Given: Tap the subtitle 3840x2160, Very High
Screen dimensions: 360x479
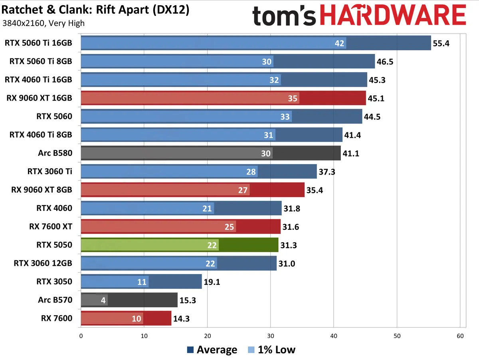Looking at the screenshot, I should point(44,23).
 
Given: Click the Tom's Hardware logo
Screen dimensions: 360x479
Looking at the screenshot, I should point(359,16).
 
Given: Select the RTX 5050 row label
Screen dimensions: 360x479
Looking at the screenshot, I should point(54,245).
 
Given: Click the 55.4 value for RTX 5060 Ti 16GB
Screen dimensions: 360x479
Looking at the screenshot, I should point(441,43).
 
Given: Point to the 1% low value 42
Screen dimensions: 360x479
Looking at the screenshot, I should point(340,43).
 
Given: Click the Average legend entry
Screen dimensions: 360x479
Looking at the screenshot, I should point(212,350).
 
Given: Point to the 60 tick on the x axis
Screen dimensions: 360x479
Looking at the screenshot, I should point(460,336).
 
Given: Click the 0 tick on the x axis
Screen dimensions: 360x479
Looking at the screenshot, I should point(81,336).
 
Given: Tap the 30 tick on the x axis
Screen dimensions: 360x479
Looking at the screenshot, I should point(271,336).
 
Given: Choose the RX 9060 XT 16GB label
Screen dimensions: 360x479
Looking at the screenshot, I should point(40,98).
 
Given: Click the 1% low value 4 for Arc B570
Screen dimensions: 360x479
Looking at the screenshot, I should point(103,300).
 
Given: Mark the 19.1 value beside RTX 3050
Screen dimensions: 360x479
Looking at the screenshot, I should point(212,282).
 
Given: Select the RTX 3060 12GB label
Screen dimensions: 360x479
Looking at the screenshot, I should point(43,263).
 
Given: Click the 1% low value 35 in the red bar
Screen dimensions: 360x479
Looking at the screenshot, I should point(293,98).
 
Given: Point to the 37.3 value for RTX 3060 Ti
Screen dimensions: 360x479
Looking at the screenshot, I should point(327,171).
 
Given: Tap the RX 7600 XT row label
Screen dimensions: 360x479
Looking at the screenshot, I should point(51,227).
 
